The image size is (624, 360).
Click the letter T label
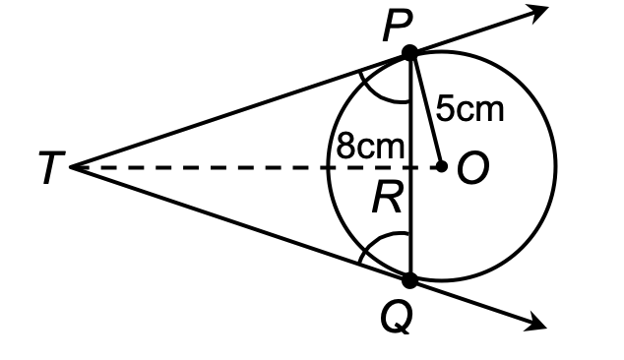point(49,168)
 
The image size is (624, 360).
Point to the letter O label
point(472,168)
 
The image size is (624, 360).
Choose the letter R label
point(386,201)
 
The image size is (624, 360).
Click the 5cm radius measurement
point(469,109)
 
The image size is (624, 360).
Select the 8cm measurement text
point(370,147)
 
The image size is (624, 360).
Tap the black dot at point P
point(410,53)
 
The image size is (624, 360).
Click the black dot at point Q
point(410,280)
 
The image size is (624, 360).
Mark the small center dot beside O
point(441,166)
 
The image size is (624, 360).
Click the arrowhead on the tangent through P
point(537,12)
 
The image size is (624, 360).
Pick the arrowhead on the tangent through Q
point(537,322)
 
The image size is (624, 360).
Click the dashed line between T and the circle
point(197,167)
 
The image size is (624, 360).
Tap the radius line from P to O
point(426,110)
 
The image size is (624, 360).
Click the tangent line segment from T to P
point(236,111)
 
